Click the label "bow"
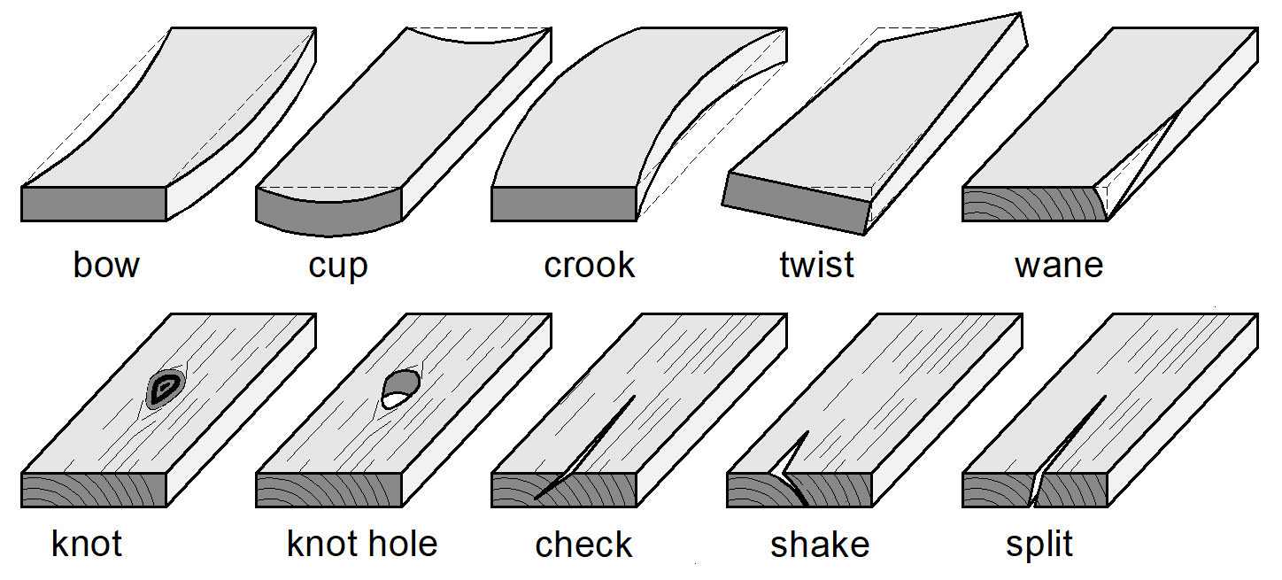click(106, 265)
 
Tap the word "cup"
click(338, 265)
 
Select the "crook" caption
click(590, 265)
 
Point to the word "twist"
click(816, 265)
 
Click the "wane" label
click(1059, 265)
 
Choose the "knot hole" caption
click(362, 544)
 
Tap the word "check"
click(584, 545)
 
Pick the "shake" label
click(820, 545)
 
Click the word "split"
click(1039, 544)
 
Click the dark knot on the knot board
click(164, 388)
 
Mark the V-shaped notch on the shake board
click(791, 460)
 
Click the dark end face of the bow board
click(94, 204)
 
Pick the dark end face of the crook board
click(564, 204)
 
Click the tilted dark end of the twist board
click(795, 201)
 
